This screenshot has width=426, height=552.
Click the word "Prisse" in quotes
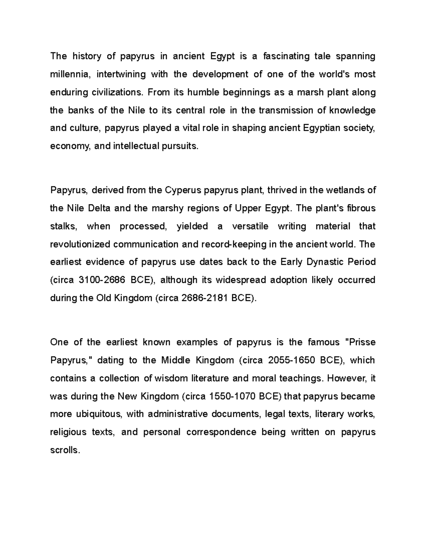tap(360, 343)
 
